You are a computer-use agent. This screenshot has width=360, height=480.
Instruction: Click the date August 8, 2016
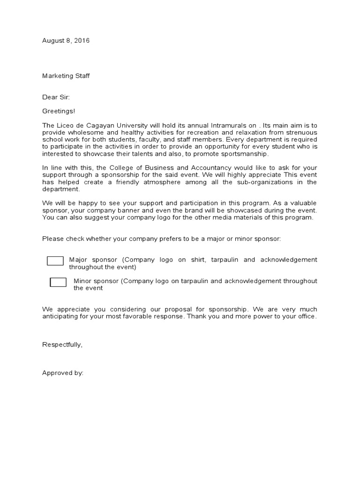click(66, 41)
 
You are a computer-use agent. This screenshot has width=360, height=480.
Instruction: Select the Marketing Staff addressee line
click(66, 76)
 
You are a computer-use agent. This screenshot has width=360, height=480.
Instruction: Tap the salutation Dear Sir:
click(56, 97)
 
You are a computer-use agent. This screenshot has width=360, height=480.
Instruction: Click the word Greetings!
click(59, 111)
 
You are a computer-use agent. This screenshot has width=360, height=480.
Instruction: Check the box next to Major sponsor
click(55, 261)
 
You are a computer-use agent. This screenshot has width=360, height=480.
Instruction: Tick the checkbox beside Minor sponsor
click(58, 282)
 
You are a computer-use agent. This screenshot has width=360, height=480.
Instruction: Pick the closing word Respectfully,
click(62, 345)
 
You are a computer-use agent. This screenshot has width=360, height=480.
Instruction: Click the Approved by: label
click(63, 373)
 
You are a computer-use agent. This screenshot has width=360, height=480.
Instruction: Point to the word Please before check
click(52, 239)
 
